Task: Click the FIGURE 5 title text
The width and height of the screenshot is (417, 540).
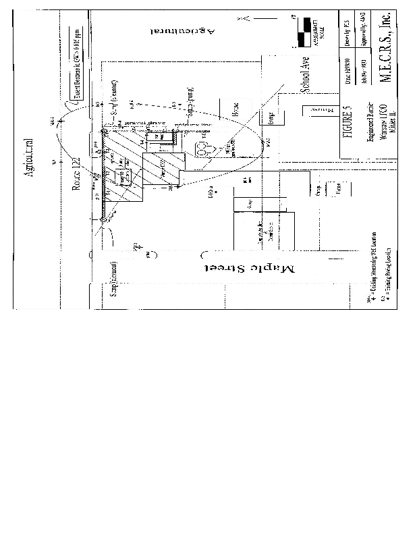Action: click(348, 122)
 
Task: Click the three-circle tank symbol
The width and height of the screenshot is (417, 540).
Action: click(202, 148)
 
